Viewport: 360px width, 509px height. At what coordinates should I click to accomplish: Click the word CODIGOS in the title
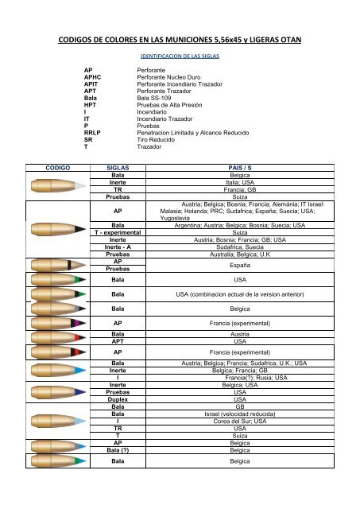86,39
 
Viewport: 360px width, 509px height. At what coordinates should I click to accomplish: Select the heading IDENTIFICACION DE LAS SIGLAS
179,58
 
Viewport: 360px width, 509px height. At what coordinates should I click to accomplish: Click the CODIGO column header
41,169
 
